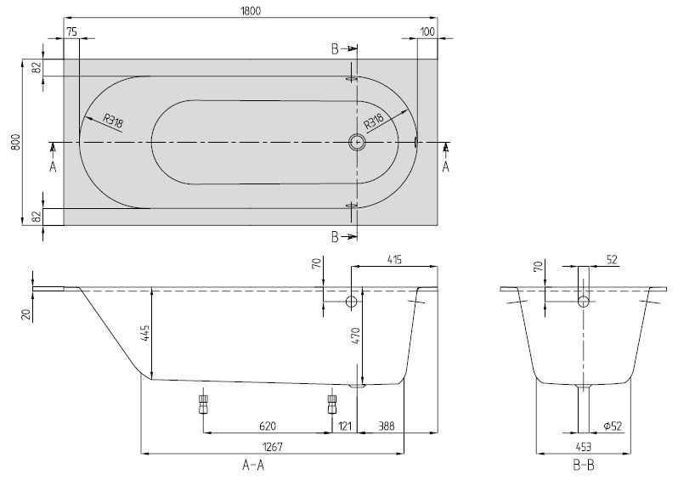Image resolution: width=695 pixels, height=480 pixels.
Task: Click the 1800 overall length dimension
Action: tap(251, 10)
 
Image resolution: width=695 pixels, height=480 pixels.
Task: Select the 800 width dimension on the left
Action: tap(14, 143)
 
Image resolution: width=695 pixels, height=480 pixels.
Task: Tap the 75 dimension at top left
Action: tap(71, 31)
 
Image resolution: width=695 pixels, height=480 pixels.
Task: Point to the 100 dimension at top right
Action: tap(427, 31)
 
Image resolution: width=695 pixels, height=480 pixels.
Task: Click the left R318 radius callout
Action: tap(113, 122)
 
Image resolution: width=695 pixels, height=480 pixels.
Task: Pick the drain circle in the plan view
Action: tap(357, 144)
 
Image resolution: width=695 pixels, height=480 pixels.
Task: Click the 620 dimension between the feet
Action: tap(266, 425)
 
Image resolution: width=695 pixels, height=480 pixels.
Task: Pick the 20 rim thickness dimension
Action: tap(25, 314)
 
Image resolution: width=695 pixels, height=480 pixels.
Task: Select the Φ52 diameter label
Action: tap(614, 425)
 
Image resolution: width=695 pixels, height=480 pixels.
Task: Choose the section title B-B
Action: tap(583, 466)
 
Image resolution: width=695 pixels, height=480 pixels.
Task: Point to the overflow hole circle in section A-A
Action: tap(352, 302)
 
